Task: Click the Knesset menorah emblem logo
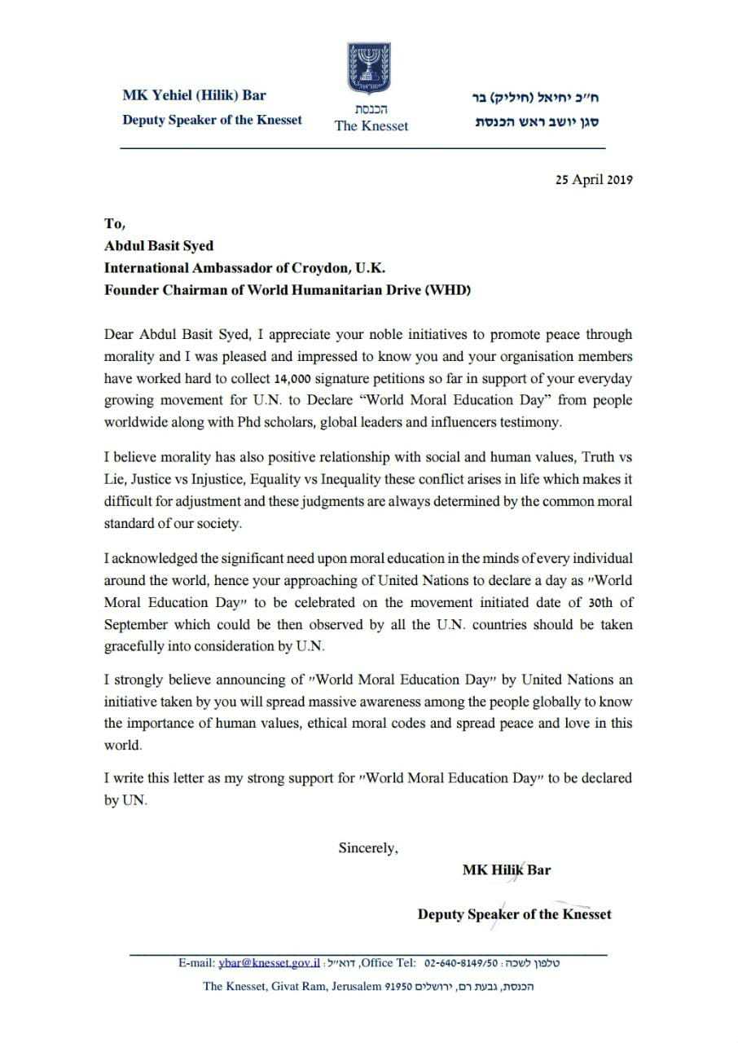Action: pyautogui.click(x=369, y=69)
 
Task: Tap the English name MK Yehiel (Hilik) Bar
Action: pyautogui.click(x=195, y=95)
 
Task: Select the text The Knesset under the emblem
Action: pyautogui.click(x=371, y=125)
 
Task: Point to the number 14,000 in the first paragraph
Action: pyautogui.click(x=289, y=379)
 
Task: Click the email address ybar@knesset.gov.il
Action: pyautogui.click(x=270, y=962)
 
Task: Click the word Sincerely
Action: pyautogui.click(x=368, y=847)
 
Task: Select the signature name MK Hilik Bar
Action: pyautogui.click(x=506, y=869)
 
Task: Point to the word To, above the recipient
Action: pyautogui.click(x=115, y=224)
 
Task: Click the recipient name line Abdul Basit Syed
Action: pyautogui.click(x=159, y=245)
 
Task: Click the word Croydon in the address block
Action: pyautogui.click(x=305, y=267)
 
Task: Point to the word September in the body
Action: pyautogui.click(x=135, y=624)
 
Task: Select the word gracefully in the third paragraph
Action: pyautogui.click(x=134, y=646)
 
